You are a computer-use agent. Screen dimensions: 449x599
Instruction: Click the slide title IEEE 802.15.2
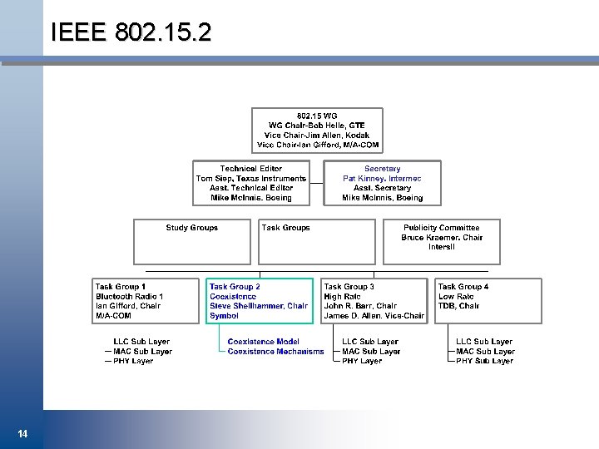click(131, 32)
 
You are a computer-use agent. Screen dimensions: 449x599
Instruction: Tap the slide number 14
click(22, 433)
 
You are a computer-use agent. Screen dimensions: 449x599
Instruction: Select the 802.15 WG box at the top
click(318, 130)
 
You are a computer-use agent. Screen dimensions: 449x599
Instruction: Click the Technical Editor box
click(251, 183)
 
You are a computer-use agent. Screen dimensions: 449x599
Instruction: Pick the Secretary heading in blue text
click(382, 169)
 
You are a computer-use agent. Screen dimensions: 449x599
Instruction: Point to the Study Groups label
click(191, 228)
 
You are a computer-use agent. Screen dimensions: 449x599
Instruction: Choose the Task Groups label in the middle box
click(285, 228)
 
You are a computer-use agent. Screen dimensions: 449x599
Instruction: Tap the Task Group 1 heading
click(121, 287)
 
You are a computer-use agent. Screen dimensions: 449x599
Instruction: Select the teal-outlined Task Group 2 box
click(260, 300)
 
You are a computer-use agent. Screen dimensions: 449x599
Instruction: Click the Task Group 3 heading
click(349, 287)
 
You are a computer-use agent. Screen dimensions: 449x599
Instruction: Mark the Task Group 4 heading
click(463, 287)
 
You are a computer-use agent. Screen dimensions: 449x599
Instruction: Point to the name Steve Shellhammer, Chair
click(259, 306)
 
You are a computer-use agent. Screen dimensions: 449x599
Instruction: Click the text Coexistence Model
click(263, 342)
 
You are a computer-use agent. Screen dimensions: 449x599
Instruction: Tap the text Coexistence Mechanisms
click(275, 352)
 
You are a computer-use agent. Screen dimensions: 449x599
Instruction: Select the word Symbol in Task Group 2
click(225, 316)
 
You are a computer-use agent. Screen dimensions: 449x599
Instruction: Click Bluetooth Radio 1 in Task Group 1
click(129, 297)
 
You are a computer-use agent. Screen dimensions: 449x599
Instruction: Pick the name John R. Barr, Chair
click(360, 306)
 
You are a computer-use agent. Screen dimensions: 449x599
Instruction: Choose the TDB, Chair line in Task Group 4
click(458, 306)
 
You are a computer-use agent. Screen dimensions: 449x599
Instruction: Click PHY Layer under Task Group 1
click(133, 361)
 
